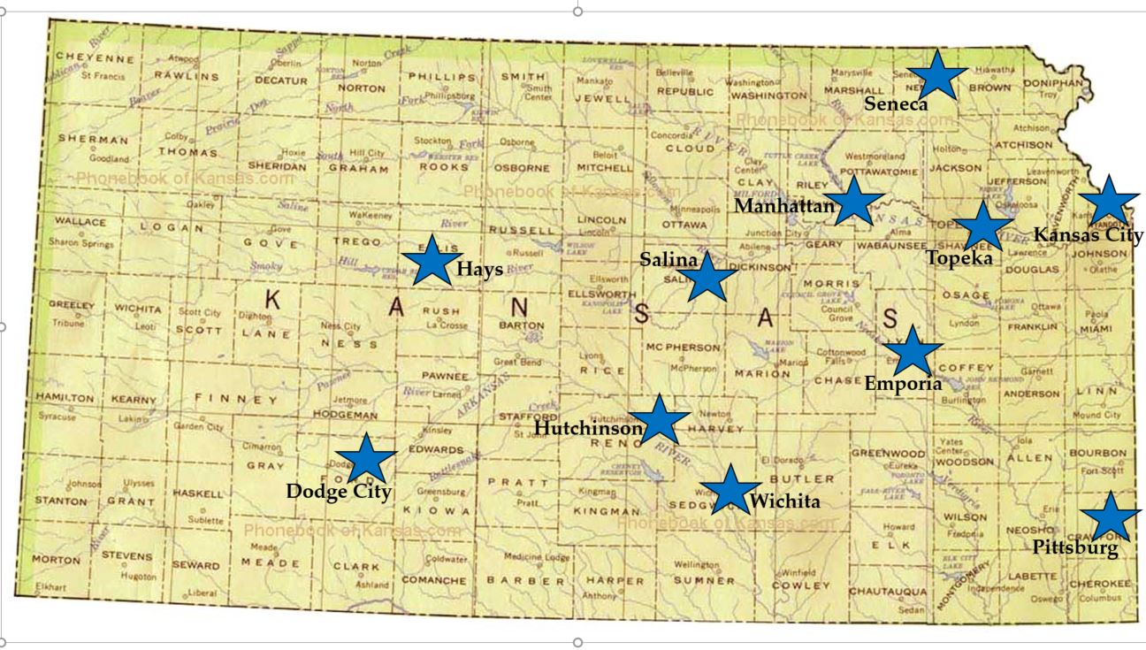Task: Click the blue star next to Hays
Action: pos(432,260)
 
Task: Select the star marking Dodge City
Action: pos(365,458)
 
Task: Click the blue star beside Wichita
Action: pos(730,489)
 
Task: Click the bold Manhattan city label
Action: pos(784,207)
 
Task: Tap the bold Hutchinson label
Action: pos(588,428)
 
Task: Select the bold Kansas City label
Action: pos(1088,235)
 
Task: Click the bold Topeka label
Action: pos(959,257)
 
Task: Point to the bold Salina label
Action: pos(669,259)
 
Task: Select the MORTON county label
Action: pos(56,560)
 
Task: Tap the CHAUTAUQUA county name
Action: pos(887,591)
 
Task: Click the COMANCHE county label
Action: pos(433,581)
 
